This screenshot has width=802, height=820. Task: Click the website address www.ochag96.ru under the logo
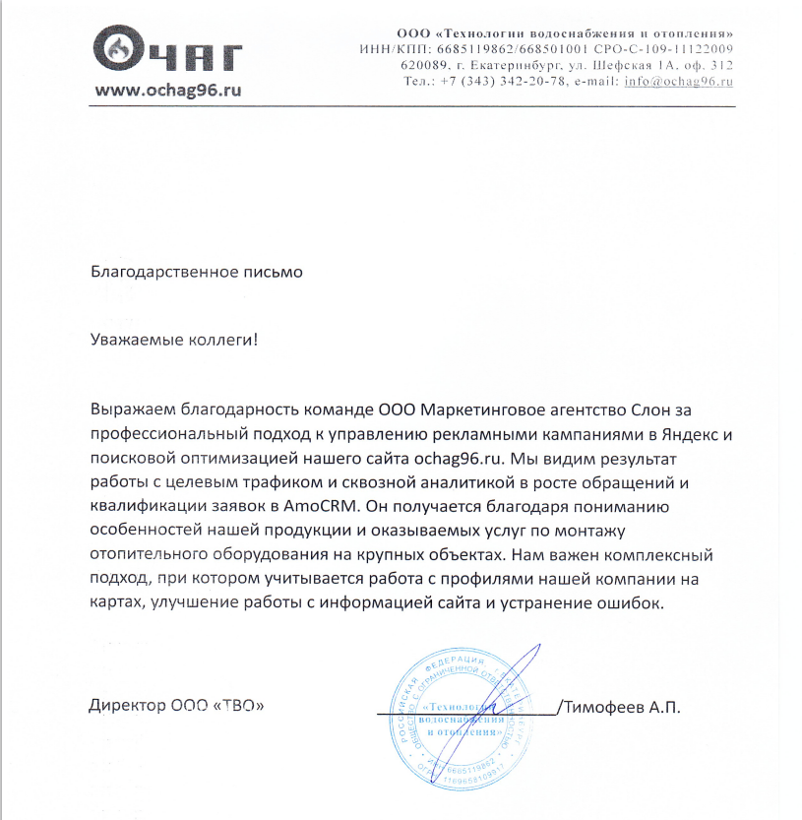coord(167,90)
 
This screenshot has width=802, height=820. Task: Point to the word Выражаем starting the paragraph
coord(129,408)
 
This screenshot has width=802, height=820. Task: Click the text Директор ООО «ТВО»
coord(177,707)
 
